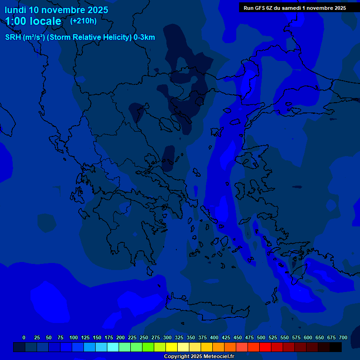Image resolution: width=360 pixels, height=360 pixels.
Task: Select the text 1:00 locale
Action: (33, 21)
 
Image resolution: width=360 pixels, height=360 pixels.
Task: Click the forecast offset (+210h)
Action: (83, 21)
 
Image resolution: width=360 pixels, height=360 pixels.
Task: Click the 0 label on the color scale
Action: (24, 337)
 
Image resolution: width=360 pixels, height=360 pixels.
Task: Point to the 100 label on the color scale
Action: (74, 337)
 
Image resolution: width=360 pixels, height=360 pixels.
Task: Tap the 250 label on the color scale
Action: (144, 337)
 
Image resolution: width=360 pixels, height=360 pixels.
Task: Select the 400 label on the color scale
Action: (214, 337)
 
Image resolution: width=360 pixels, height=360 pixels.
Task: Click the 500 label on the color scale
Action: (261, 337)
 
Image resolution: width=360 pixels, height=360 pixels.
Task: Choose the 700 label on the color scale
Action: (343, 337)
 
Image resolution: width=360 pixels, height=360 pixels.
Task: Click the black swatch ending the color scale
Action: (336, 347)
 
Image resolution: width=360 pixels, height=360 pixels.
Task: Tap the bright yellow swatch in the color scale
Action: (172, 347)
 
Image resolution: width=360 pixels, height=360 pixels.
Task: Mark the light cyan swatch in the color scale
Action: (113, 347)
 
